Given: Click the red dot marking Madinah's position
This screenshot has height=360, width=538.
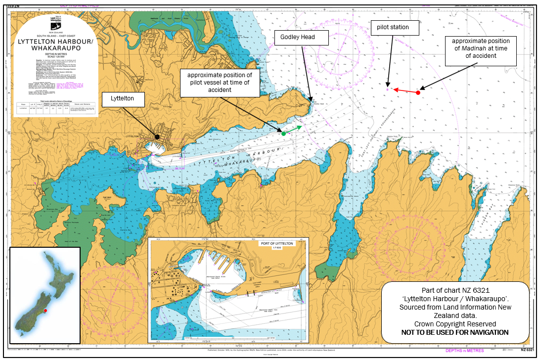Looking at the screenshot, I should (418, 92).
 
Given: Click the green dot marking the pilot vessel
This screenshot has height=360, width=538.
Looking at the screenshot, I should (283, 134).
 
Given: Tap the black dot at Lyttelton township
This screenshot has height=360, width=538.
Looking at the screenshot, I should (157, 136).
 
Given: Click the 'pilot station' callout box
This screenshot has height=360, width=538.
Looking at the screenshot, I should (393, 27).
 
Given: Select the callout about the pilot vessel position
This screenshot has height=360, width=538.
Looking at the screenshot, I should (220, 82).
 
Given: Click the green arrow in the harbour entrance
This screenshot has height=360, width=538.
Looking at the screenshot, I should (294, 130).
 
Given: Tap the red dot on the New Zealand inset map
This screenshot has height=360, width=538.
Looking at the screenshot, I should (45, 311).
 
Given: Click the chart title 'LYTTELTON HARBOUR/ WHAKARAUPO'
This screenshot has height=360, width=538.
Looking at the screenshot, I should (55, 45).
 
